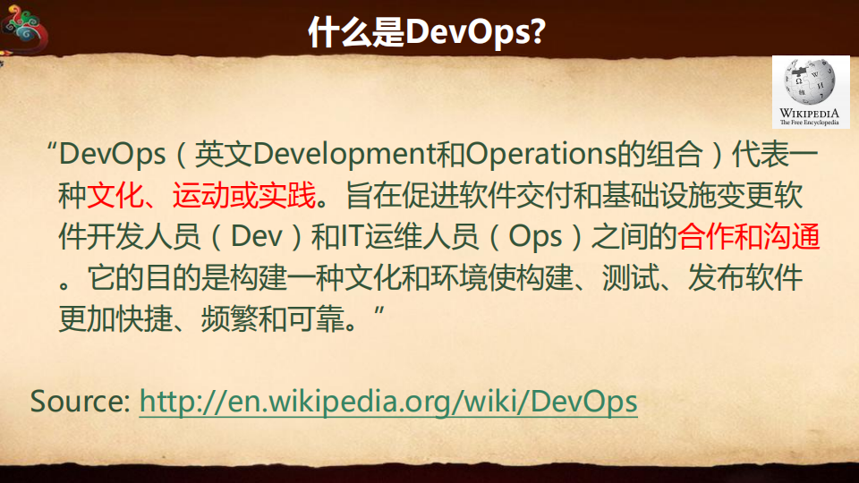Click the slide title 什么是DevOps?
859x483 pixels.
pyautogui.click(x=428, y=31)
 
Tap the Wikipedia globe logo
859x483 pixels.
pyautogui.click(x=810, y=82)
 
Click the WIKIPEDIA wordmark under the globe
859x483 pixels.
pyautogui.click(x=810, y=114)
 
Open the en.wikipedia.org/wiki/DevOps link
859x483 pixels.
pyautogui.click(x=388, y=401)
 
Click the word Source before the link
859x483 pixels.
pyautogui.click(x=81, y=401)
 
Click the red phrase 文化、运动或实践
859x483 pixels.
pyautogui.click(x=201, y=196)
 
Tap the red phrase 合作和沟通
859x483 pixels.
pyautogui.click(x=749, y=237)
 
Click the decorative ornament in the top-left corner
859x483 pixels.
pyautogui.click(x=25, y=29)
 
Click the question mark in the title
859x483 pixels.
pyautogui.click(x=539, y=31)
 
